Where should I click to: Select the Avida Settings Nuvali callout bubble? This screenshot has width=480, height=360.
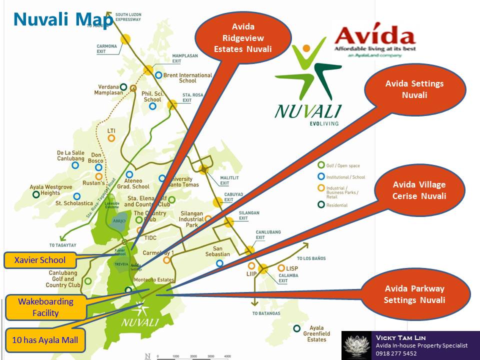click(x=414, y=89)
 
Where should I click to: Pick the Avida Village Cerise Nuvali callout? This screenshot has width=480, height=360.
click(x=419, y=190)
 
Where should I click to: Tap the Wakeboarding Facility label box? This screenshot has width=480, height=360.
click(x=45, y=307)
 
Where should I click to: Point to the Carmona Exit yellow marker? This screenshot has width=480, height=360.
click(x=125, y=38)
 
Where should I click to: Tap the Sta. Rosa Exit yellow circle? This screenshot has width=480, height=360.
click(x=172, y=105)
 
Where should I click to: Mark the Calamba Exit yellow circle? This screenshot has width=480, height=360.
click(x=263, y=268)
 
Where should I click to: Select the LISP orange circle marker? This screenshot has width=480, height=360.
click(x=281, y=268)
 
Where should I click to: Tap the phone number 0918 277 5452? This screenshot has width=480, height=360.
click(x=396, y=353)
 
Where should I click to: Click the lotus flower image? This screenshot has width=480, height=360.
click(x=357, y=345)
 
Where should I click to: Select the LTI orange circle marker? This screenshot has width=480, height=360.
click(x=111, y=138)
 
